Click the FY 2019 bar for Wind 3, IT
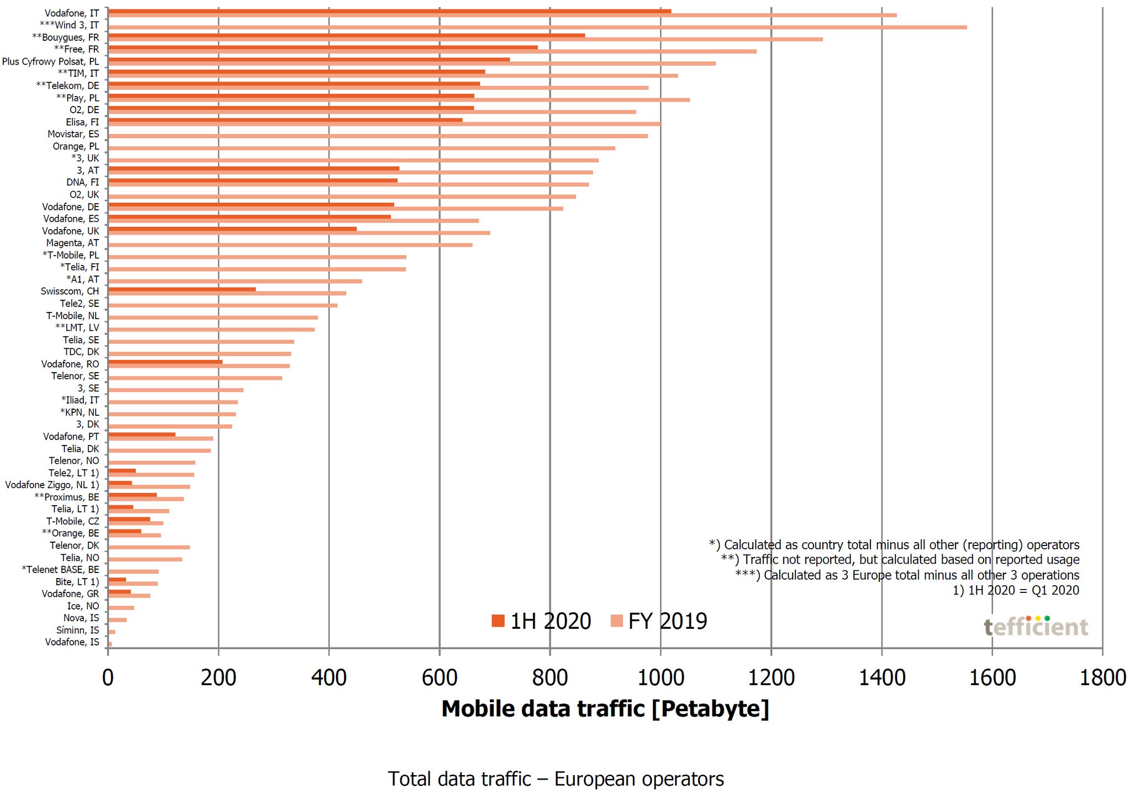tap(537, 27)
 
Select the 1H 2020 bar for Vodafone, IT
tap(390, 11)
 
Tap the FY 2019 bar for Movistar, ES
tap(378, 136)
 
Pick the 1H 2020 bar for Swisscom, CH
tap(182, 289)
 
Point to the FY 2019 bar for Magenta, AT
tap(291, 245)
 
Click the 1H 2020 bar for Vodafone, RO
tap(166, 362)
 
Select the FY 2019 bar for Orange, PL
tap(362, 148)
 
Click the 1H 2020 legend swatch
tap(498, 621)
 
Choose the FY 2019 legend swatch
tap(616, 621)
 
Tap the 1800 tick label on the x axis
tap(1102, 677)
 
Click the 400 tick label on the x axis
tap(329, 677)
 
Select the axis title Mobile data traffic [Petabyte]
tap(605, 709)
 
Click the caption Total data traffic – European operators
tap(556, 779)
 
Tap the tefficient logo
tap(1036, 627)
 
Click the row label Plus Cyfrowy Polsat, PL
tap(51, 61)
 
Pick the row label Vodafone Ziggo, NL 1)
tap(52, 485)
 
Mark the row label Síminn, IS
tap(78, 630)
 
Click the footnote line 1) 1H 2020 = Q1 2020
tap(1016, 590)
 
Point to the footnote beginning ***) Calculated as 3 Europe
tap(907, 575)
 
